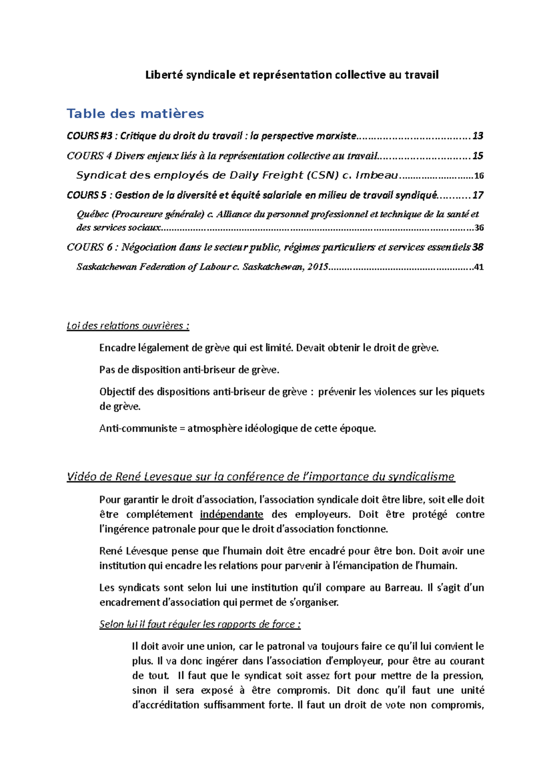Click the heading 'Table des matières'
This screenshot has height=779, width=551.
point(135,113)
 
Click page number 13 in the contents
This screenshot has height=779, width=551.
point(478,136)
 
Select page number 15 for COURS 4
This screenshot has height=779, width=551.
point(478,156)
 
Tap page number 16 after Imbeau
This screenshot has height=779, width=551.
point(479,176)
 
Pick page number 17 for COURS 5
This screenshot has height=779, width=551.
point(478,195)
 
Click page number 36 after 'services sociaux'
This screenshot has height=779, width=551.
point(479,228)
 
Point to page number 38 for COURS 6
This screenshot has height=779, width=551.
point(478,247)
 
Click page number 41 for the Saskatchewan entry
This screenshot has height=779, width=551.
point(479,267)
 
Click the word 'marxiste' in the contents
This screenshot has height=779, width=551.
point(338,136)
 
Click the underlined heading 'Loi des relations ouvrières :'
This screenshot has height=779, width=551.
point(128,326)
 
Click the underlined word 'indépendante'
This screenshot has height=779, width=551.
point(231,514)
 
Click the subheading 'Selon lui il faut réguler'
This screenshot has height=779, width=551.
point(200,624)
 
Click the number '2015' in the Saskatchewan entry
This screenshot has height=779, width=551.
point(317,267)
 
